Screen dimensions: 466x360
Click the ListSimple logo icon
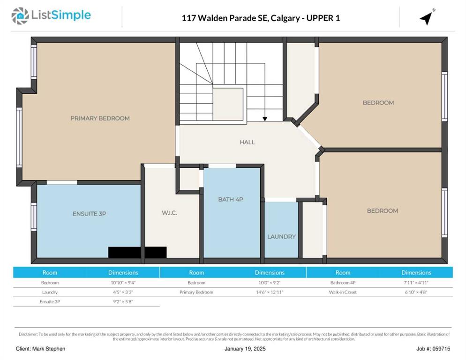[20, 16]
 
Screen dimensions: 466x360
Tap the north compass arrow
[427, 18]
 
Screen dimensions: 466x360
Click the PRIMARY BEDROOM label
[100, 118]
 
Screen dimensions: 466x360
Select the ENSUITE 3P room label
[89, 214]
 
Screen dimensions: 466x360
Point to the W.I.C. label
[169, 213]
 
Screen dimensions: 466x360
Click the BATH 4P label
[231, 200]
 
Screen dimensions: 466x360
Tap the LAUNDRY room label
[281, 237]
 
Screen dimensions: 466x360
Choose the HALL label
[247, 142]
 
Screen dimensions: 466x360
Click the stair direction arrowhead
[265, 119]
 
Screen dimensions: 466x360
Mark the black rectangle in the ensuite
[137, 252]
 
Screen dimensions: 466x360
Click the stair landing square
[228, 104]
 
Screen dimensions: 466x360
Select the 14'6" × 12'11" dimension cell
[270, 292]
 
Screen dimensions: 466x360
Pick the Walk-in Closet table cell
[343, 292]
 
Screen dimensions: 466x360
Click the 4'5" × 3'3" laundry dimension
[123, 292]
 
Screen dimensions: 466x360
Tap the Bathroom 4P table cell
[343, 283]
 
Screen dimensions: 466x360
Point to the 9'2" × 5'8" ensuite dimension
[123, 302]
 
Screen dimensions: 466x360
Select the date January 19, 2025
[245, 349]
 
